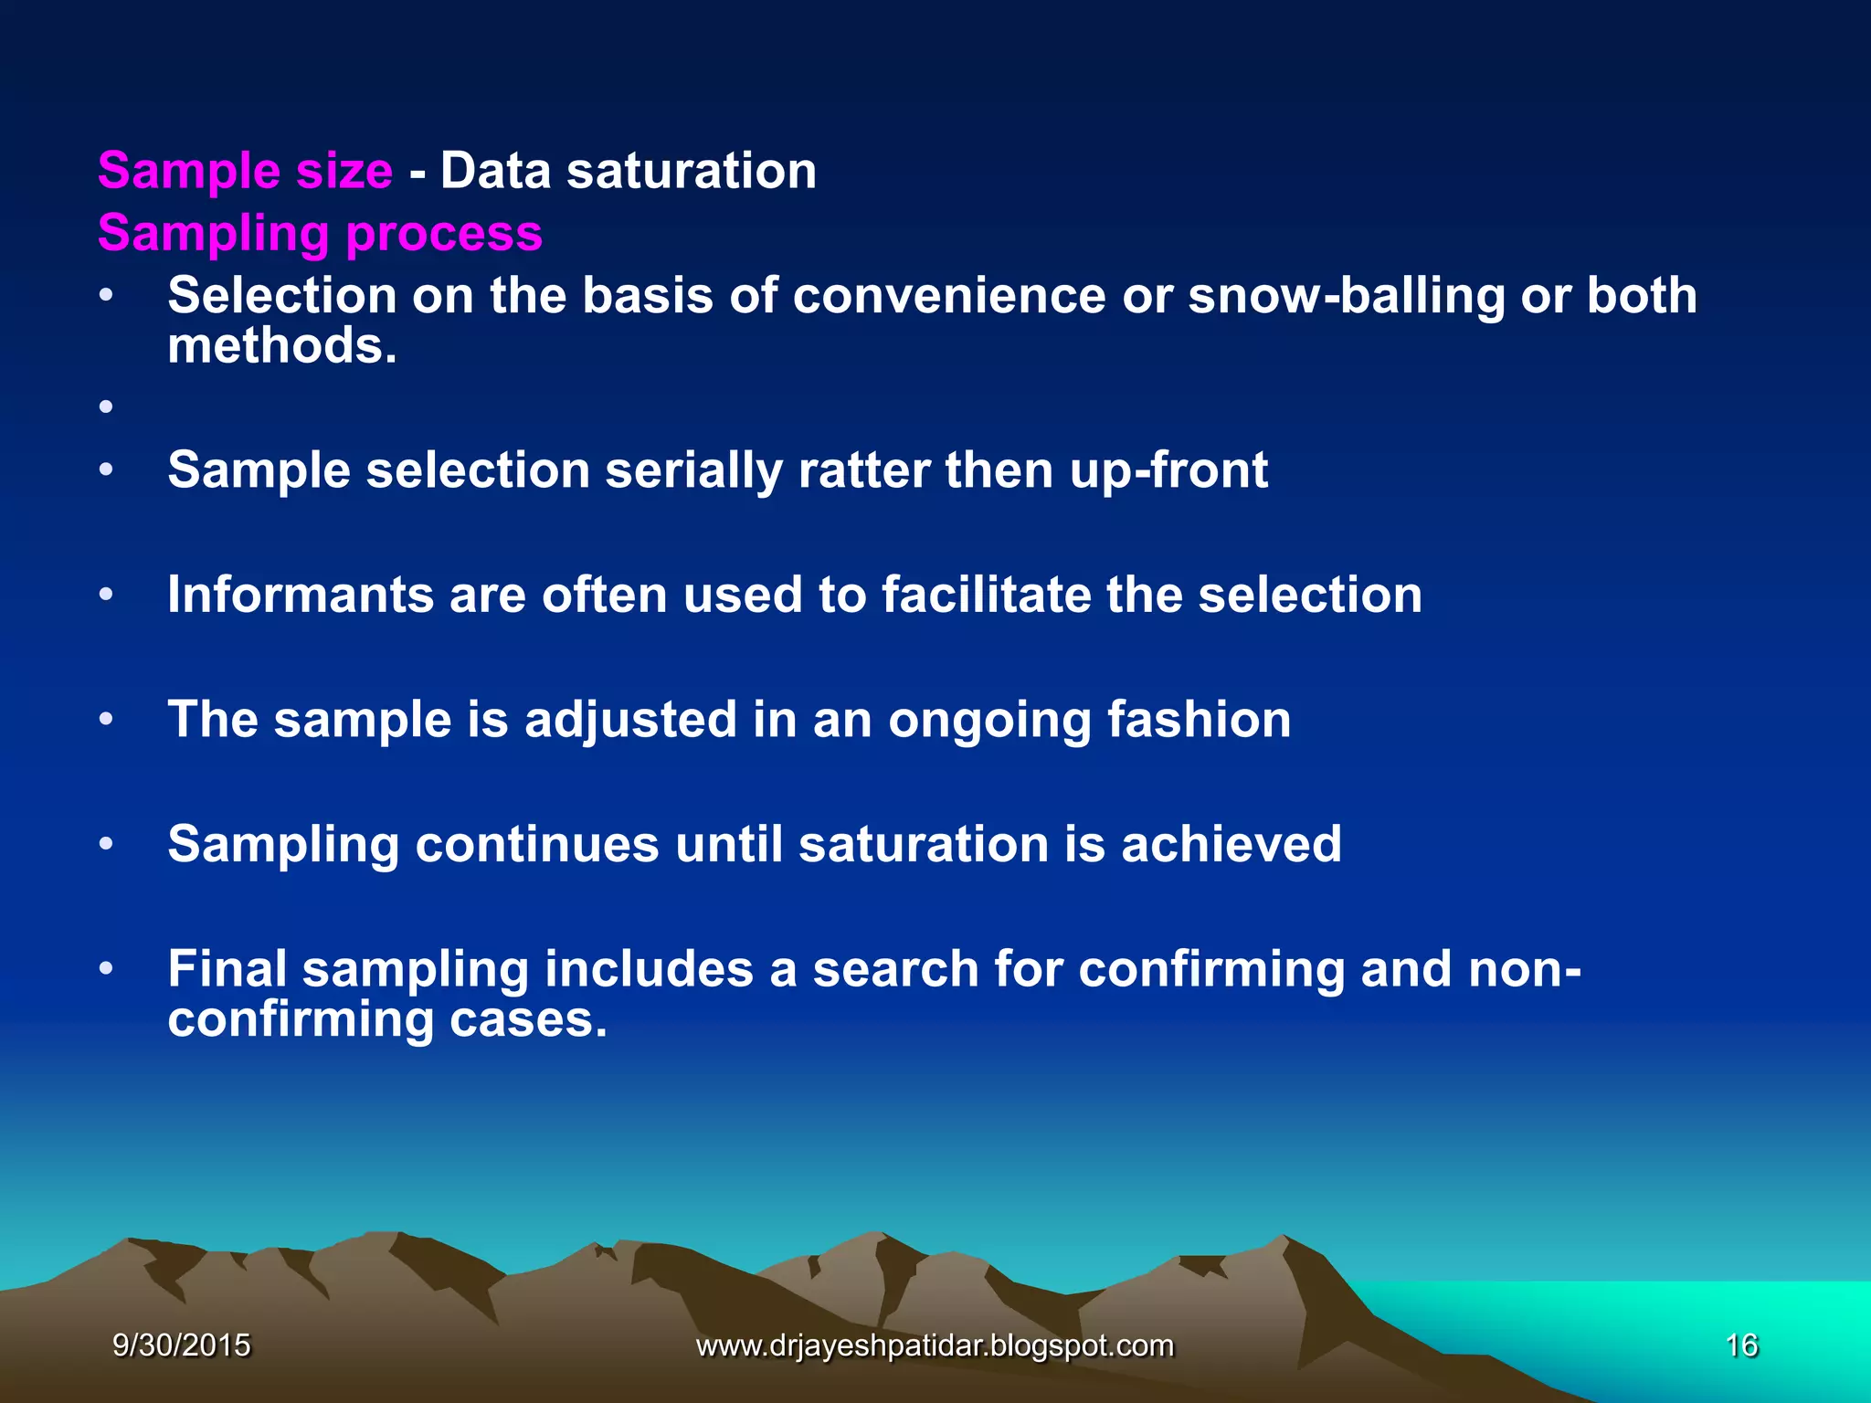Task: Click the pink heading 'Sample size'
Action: [245, 171]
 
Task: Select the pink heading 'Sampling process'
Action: [320, 233]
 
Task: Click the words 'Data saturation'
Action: [629, 171]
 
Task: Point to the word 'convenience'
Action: [949, 296]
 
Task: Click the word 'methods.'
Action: [282, 346]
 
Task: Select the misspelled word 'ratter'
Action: [862, 470]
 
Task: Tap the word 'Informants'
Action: [300, 595]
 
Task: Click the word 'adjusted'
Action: [630, 720]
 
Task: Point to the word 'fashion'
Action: [1199, 720]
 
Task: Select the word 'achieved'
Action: [1231, 844]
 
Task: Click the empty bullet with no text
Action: [106, 406]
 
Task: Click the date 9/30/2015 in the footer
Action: [181, 1345]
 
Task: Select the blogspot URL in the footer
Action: [935, 1345]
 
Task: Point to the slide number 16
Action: [1741, 1345]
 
